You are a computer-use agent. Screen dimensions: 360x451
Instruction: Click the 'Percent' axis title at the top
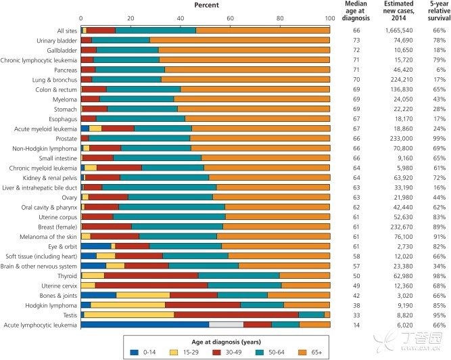[206, 5]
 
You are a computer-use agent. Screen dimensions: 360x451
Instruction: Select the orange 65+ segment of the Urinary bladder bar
[239, 40]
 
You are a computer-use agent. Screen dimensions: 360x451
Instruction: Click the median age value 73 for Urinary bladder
[359, 41]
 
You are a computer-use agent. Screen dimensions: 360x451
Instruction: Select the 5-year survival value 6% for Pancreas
[437, 70]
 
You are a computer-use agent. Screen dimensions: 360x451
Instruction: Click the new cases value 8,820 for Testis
[396, 315]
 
